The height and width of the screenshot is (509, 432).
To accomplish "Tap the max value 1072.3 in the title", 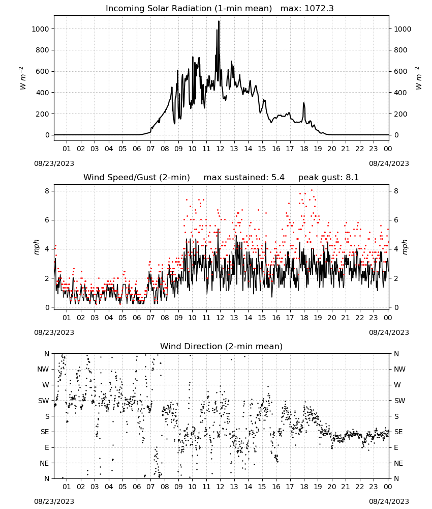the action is (319, 9).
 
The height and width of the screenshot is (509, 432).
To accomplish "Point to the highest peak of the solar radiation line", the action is (219, 21).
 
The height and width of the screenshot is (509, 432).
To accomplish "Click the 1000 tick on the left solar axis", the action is (41, 29).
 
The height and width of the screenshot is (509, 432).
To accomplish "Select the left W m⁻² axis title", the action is (22, 78).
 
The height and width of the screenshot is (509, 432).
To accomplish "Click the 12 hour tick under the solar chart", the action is (221, 149).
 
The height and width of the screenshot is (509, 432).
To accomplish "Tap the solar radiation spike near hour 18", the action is (304, 103).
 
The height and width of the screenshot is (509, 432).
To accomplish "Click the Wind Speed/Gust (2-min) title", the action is (137, 178).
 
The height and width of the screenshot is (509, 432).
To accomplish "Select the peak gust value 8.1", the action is (353, 178).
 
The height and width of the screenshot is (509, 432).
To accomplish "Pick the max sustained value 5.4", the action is (278, 178).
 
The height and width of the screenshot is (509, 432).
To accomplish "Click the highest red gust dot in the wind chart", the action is (312, 190).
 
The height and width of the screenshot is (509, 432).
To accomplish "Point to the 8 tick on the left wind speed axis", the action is (47, 191).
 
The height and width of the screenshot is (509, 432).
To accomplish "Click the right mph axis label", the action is (405, 247).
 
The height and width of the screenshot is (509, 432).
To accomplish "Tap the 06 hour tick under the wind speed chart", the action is (137, 318).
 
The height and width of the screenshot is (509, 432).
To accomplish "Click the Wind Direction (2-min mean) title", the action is (222, 346).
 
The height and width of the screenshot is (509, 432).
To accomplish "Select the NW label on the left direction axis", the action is (43, 370).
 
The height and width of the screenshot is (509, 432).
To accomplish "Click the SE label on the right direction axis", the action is (398, 432).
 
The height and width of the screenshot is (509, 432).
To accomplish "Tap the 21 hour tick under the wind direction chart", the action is (346, 487).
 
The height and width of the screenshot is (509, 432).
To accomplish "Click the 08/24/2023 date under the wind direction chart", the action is (389, 501).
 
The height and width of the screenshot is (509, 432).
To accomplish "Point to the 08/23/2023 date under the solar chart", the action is (54, 163).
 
